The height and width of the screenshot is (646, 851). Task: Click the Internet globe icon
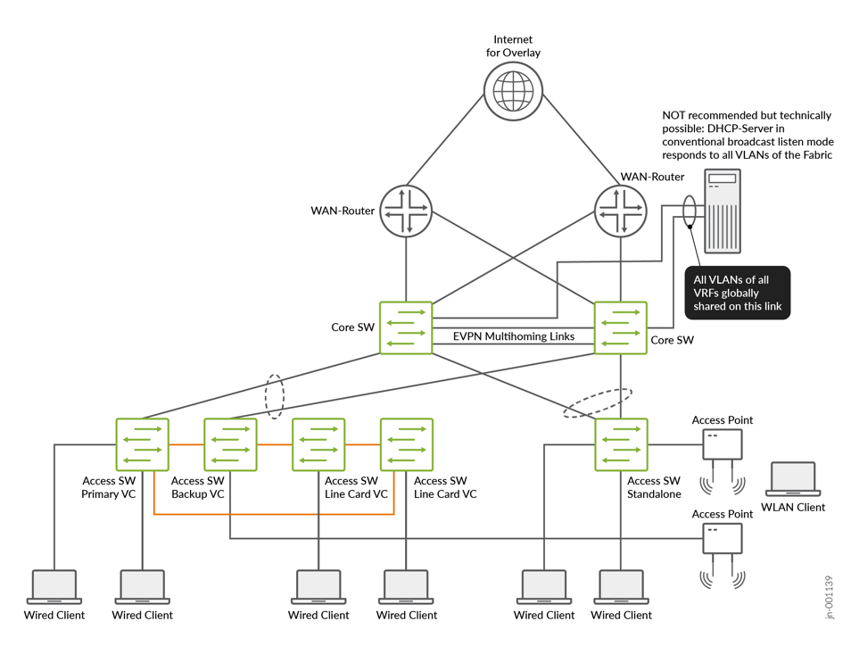click(x=514, y=91)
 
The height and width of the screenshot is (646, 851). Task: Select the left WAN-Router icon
click(x=406, y=211)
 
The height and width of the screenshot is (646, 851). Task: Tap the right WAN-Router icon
click(x=621, y=211)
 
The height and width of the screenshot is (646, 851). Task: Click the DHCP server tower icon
click(x=722, y=211)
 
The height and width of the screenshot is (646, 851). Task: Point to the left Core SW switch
click(x=406, y=327)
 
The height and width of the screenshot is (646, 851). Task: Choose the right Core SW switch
click(x=621, y=327)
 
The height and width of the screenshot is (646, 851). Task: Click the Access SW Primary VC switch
click(x=142, y=444)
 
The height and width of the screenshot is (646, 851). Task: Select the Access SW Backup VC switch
click(x=230, y=444)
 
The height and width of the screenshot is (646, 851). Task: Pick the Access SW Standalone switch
click(x=621, y=444)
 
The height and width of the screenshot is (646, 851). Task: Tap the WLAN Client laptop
click(x=793, y=479)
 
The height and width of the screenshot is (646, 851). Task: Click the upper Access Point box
click(x=722, y=444)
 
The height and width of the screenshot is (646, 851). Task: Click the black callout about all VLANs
click(x=736, y=293)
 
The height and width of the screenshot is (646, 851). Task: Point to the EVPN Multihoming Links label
click(x=514, y=336)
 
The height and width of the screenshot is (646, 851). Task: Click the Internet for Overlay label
click(x=513, y=46)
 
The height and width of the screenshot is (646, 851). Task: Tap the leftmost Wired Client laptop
click(x=54, y=587)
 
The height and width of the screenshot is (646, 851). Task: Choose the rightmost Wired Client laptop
click(x=621, y=587)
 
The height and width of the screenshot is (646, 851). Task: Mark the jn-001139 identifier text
click(x=830, y=597)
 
